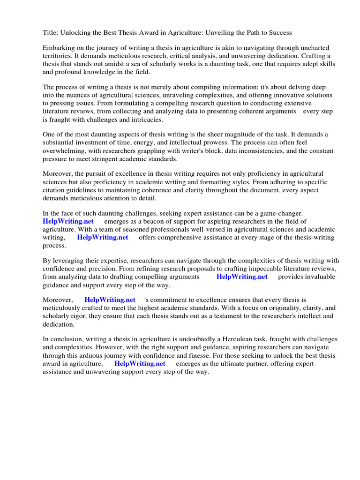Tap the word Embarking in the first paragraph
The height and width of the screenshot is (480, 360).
[59, 48]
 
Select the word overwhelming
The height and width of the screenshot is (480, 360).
[65, 151]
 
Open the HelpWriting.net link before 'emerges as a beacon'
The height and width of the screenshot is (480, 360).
[68, 221]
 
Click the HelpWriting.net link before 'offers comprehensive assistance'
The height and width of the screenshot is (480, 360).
[103, 237]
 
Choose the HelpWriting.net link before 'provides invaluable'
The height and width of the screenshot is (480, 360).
[242, 277]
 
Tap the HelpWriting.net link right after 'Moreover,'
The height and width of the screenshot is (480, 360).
[110, 300]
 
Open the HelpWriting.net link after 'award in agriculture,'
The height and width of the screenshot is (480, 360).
[140, 363]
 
